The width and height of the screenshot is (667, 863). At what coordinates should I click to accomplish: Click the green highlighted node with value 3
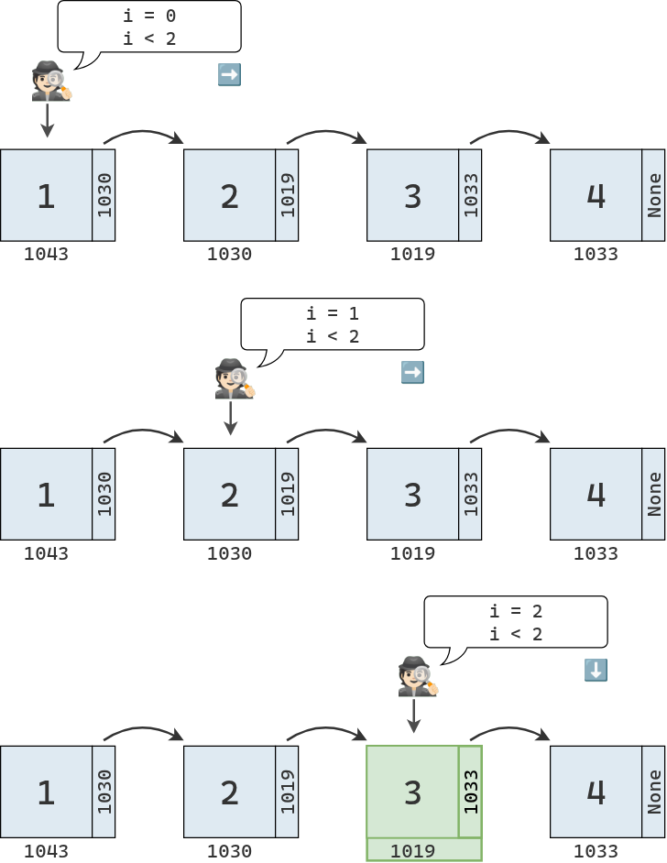(x=412, y=792)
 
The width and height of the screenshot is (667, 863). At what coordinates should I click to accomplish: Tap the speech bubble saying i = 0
(x=149, y=27)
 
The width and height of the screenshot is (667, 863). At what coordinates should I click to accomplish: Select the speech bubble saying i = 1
(x=333, y=324)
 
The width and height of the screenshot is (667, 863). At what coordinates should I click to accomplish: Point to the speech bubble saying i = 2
(x=516, y=622)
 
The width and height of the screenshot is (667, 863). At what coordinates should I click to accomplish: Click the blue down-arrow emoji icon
(x=596, y=671)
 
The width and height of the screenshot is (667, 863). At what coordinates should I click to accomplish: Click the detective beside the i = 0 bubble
(x=50, y=81)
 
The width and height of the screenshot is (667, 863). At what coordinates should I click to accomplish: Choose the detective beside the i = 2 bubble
(x=417, y=676)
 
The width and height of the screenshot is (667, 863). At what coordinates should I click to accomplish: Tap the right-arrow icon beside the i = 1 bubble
(x=412, y=373)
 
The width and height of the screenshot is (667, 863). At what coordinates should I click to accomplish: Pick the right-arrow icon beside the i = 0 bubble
(x=229, y=75)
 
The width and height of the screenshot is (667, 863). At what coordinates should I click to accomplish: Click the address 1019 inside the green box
(x=412, y=851)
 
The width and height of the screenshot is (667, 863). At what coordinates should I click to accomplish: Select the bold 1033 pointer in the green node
(x=471, y=792)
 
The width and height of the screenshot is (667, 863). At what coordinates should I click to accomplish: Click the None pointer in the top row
(x=654, y=195)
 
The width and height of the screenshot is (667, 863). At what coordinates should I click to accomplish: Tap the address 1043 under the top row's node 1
(x=46, y=254)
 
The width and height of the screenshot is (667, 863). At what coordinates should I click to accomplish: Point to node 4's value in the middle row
(x=596, y=494)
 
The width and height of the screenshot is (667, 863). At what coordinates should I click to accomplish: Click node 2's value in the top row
(x=229, y=195)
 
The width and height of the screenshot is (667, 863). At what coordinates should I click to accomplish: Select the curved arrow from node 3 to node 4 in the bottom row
(x=510, y=732)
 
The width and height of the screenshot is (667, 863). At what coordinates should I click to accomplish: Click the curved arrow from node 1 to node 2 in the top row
(x=144, y=135)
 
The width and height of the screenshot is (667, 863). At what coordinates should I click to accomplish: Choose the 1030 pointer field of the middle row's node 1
(x=104, y=494)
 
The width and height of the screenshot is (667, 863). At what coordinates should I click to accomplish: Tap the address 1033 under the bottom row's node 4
(x=596, y=851)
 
